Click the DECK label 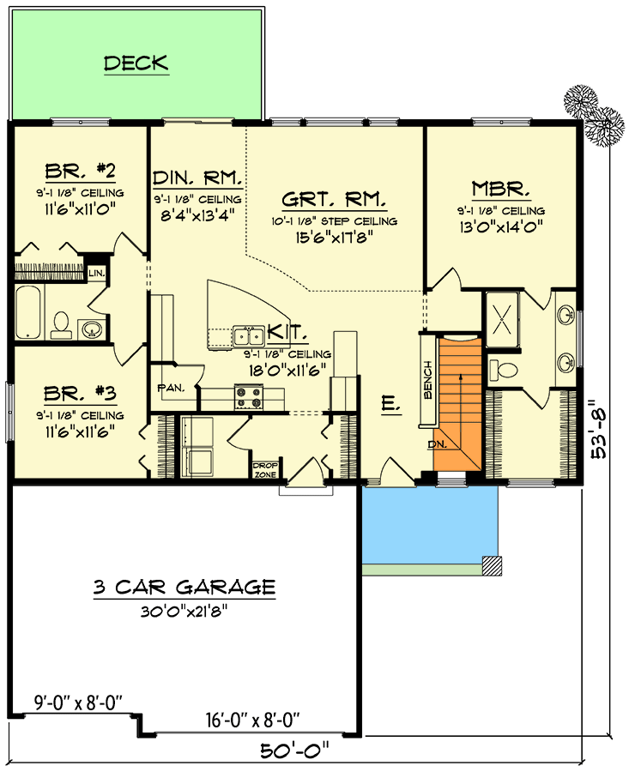click(136, 63)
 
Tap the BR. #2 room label click(81, 171)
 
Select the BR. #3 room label click(81, 394)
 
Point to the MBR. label click(501, 189)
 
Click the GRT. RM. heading click(334, 199)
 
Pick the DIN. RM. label click(197, 178)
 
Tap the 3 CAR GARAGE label click(184, 587)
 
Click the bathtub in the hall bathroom click(28, 312)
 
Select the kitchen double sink click(249, 336)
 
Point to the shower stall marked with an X click(502, 319)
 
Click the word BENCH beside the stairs click(427, 380)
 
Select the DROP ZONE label click(265, 470)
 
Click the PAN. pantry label click(171, 388)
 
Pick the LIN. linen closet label click(97, 273)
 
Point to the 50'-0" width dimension click(294, 751)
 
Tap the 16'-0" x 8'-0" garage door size click(252, 721)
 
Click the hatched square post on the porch click(492, 566)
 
